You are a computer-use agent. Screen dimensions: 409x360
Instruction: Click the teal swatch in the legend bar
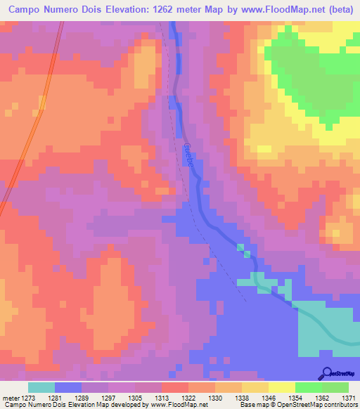(x=41, y=387)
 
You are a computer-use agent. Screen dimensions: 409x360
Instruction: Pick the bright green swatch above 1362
(x=309, y=387)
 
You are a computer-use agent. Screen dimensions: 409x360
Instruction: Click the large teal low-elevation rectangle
(x=326, y=330)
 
